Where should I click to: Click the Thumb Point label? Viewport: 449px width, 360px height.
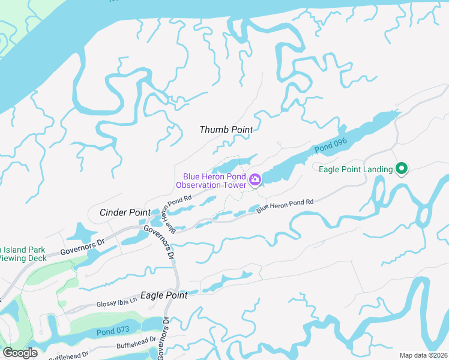tap(226, 130)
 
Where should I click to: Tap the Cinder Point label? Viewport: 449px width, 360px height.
tap(125, 212)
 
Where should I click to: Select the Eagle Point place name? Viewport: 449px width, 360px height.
tap(164, 296)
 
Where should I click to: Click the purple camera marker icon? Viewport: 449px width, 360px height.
tap(255, 179)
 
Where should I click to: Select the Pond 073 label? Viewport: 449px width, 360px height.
tap(112, 331)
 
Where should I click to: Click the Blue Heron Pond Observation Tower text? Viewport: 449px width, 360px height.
tap(215, 181)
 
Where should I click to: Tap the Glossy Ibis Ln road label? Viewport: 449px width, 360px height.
tap(117, 304)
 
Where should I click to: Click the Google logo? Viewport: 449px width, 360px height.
tap(20, 353)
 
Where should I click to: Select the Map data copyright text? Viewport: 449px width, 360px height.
tap(423, 355)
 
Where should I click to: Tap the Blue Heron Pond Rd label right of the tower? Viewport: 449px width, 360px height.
tap(285, 206)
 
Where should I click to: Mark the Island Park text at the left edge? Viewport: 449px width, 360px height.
tap(23, 249)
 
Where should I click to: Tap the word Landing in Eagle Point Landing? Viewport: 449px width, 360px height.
tap(376, 170)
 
